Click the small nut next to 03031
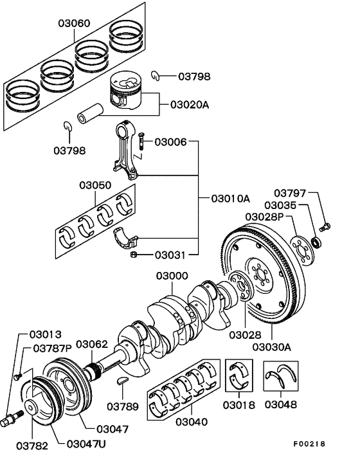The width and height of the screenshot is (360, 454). (132, 255)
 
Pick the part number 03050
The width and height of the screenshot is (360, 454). (96, 185)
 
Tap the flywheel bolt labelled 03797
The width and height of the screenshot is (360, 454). (325, 225)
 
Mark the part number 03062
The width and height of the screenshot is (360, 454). (92, 344)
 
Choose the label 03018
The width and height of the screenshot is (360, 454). (239, 405)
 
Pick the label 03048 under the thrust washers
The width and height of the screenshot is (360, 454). (283, 405)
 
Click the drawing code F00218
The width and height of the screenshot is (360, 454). (310, 444)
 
